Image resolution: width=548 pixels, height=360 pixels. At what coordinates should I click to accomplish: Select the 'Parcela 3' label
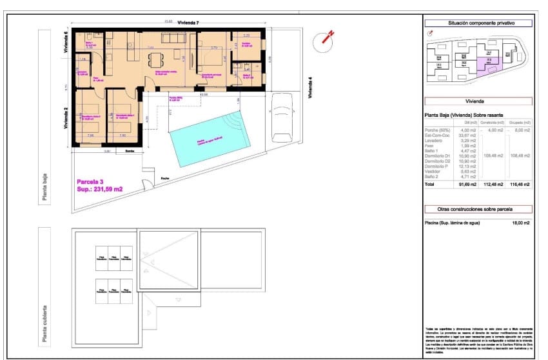coord(91,181)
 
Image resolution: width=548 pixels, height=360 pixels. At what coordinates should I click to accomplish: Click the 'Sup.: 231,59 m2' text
coord(100,189)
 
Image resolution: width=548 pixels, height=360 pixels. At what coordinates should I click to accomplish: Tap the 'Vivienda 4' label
coord(310,87)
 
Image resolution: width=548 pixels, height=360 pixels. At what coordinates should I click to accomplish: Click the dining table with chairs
coord(155,60)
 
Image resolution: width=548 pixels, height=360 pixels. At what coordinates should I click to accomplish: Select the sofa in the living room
coord(173,39)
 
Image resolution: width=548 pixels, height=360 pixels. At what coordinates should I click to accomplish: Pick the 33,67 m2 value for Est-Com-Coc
coord(468,135)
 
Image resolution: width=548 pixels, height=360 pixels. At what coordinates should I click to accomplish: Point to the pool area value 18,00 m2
coord(520,223)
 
